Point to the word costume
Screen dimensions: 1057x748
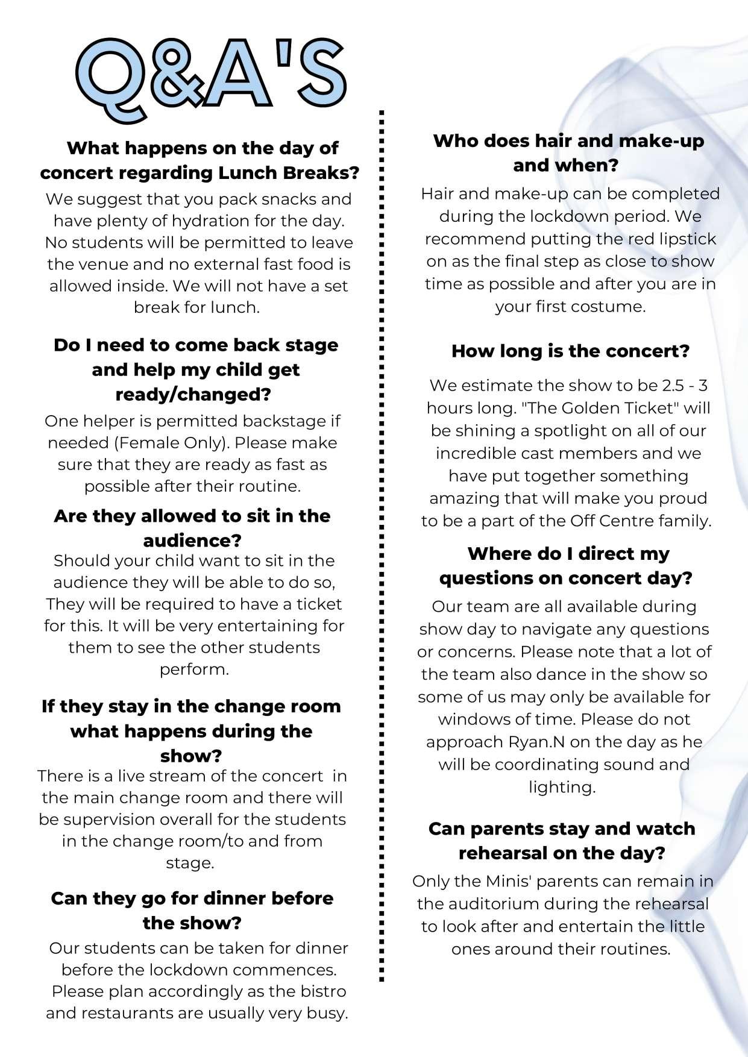(614, 306)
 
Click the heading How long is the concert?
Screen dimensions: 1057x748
(570, 351)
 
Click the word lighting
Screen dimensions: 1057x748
(562, 787)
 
